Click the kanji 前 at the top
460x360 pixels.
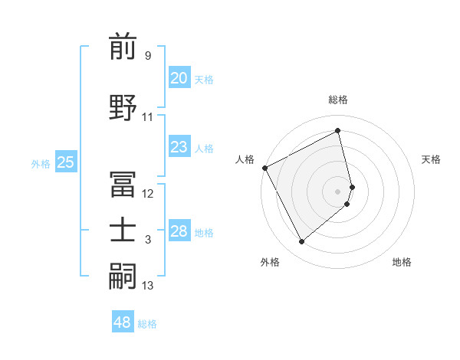click(123, 47)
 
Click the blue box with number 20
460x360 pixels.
click(179, 78)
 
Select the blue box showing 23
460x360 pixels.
click(179, 147)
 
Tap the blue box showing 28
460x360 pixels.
click(179, 231)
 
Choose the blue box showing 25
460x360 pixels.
click(65, 162)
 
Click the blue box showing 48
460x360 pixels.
click(122, 322)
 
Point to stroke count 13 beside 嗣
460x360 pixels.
click(148, 286)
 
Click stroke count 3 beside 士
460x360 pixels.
click(148, 241)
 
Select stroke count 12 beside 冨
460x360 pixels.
click(148, 194)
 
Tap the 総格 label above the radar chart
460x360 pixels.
click(338, 100)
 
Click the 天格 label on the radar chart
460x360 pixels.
click(432, 159)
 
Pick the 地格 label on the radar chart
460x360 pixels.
click(402, 262)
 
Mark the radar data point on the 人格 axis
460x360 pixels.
click(264, 168)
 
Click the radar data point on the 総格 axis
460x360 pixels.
click(338, 131)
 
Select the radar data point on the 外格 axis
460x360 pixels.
click(301, 242)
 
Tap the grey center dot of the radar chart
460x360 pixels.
click(338, 191)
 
